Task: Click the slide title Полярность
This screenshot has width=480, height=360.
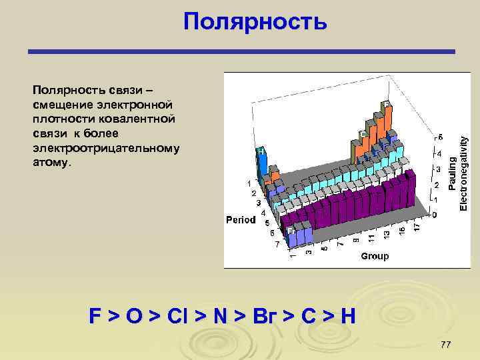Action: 255,22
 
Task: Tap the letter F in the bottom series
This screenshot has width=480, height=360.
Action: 95,316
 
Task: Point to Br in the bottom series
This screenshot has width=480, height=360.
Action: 255,316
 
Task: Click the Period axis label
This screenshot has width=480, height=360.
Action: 241,219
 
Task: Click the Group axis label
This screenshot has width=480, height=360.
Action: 374,256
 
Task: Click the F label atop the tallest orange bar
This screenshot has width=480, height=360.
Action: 385,105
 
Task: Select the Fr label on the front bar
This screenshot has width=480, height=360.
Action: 291,230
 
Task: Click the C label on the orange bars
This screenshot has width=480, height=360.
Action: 363,134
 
